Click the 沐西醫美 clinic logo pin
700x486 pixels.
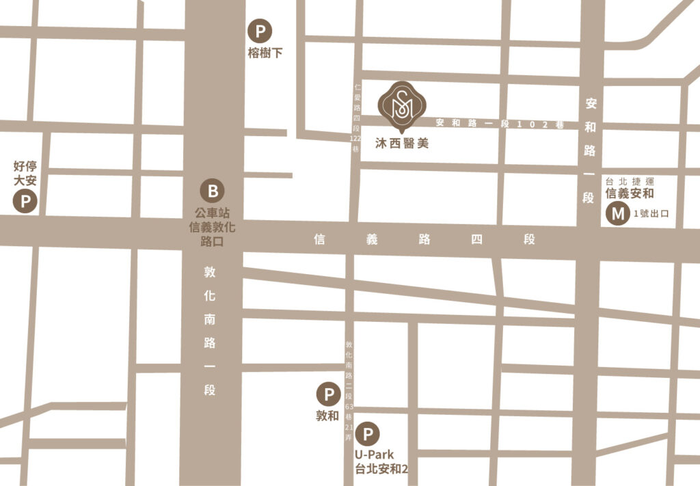tap(402, 106)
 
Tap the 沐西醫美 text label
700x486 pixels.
tap(402, 144)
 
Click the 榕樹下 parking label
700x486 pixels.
tap(265, 53)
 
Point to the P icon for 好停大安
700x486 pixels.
tap(25, 202)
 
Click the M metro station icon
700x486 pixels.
tap(617, 214)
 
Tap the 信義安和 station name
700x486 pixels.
tap(630, 193)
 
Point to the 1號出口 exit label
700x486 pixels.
tap(651, 214)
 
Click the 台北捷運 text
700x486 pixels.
tap(630, 181)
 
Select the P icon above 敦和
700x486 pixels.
tap(329, 394)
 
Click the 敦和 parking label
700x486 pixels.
tap(328, 416)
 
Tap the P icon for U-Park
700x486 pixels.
tap(368, 433)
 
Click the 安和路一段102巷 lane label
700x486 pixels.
tap(498, 124)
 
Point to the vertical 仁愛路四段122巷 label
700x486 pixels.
tap(355, 118)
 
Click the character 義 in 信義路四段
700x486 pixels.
tap(372, 240)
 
